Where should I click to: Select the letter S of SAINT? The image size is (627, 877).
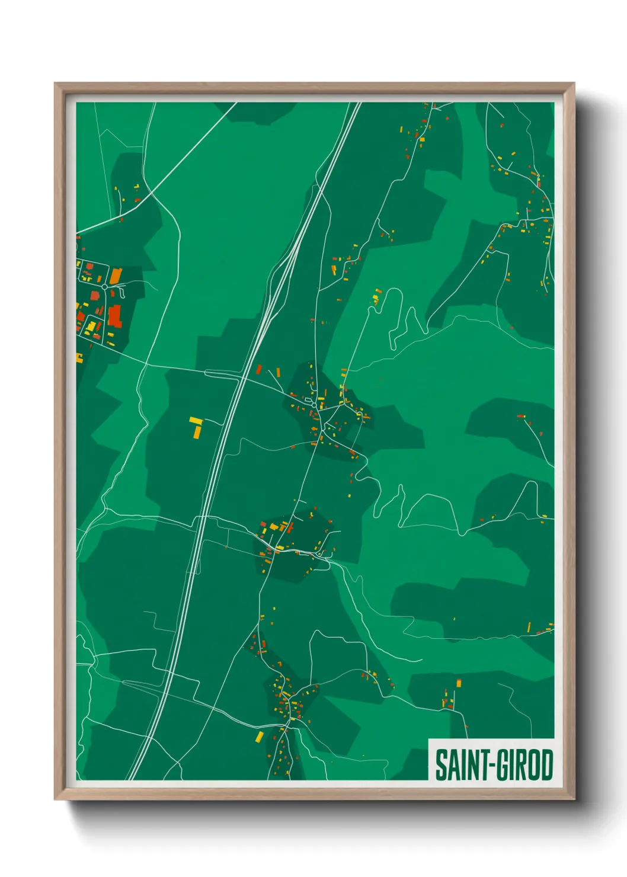pyautogui.click(x=440, y=765)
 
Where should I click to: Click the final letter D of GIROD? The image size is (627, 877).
pyautogui.click(x=546, y=765)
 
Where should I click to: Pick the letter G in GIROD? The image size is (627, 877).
pyautogui.click(x=501, y=765)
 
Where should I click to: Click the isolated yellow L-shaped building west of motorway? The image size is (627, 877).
pyautogui.click(x=196, y=426)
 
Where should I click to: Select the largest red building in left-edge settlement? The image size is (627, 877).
pyautogui.click(x=114, y=315)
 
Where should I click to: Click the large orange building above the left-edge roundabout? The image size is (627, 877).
pyautogui.click(x=115, y=276)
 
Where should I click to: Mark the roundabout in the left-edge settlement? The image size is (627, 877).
pyautogui.click(x=105, y=287)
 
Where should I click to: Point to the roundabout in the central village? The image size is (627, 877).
pyautogui.click(x=313, y=405)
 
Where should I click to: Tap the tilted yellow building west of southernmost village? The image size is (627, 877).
pyautogui.click(x=259, y=737)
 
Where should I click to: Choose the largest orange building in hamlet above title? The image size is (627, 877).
pyautogui.click(x=458, y=683)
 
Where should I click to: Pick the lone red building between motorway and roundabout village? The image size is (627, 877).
pyautogui.click(x=258, y=370)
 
